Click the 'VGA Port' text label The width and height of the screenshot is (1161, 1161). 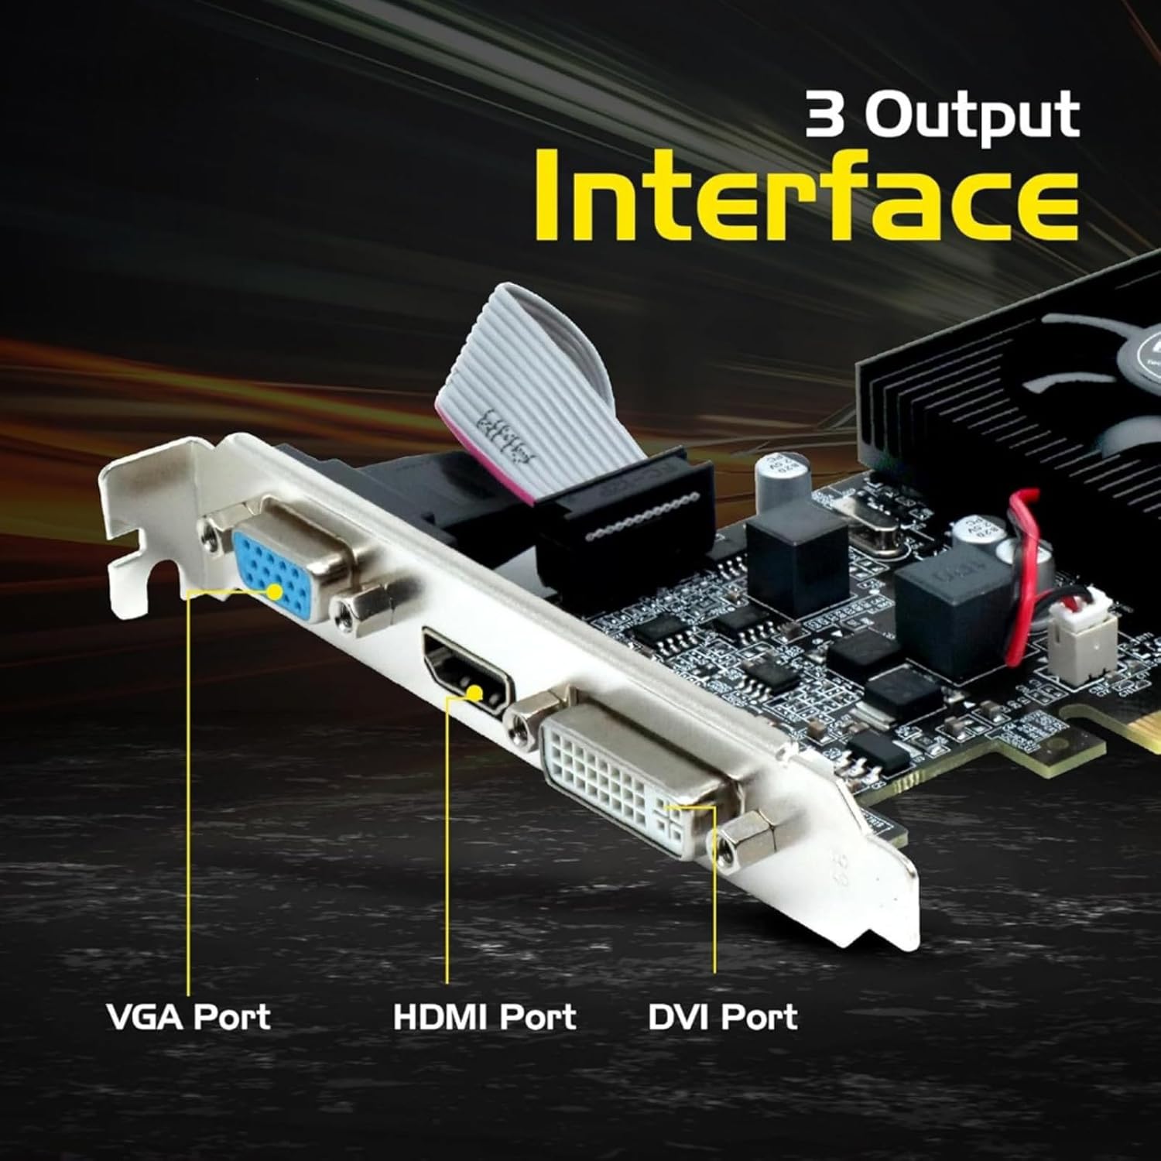[x=188, y=1017]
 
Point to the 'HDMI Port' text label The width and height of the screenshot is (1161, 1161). [x=485, y=1017]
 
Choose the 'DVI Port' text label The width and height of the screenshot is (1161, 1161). [x=722, y=1017]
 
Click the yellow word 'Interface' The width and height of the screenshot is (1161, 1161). [x=806, y=194]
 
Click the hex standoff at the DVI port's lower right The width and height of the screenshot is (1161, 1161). [x=748, y=840]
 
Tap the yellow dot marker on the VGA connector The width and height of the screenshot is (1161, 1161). [x=276, y=593]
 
